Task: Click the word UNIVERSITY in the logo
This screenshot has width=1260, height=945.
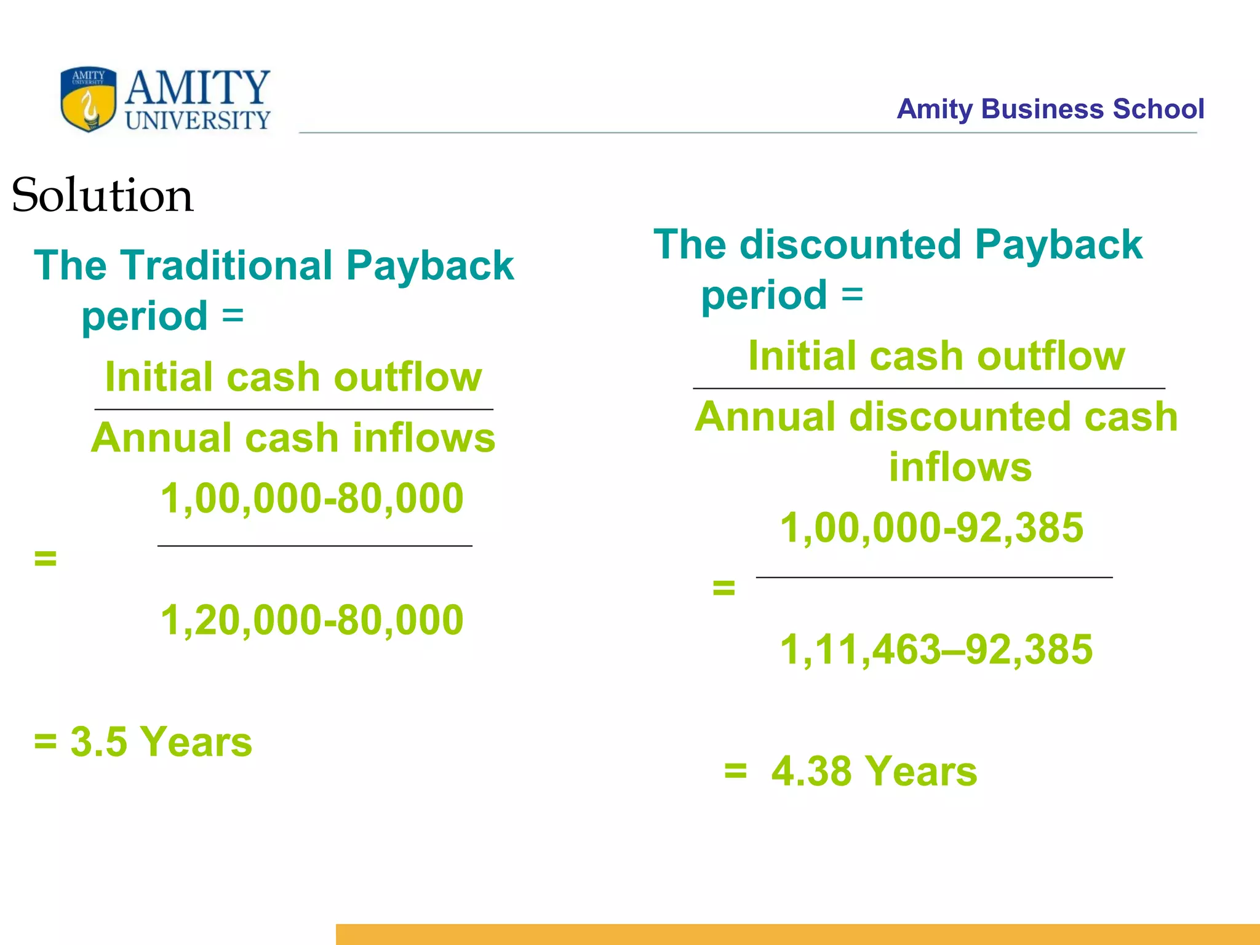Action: point(197,121)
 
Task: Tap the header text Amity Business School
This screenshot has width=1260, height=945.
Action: point(1050,109)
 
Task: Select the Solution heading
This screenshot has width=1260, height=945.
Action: point(102,195)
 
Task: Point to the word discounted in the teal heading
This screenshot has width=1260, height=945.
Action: point(851,245)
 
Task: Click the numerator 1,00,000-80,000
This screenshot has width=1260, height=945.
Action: point(312,498)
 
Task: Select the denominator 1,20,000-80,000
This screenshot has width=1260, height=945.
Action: point(312,620)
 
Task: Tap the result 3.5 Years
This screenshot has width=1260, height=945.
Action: point(161,741)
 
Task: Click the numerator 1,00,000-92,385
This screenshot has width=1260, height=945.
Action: point(931,527)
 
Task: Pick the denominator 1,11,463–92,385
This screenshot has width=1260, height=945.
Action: point(936,649)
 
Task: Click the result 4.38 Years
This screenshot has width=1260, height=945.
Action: point(874,771)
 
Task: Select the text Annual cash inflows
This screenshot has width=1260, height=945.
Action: point(293,437)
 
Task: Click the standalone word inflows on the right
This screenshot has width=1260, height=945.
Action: point(960,467)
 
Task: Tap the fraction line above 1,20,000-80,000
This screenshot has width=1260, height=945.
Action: point(314,546)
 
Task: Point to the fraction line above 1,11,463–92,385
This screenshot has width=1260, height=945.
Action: point(934,577)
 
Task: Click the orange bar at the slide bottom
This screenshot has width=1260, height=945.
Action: point(797,934)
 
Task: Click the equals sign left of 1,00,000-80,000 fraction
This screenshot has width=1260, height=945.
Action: point(46,558)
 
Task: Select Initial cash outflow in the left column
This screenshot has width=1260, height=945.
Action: point(293,377)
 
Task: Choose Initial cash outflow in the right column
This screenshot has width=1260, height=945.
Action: point(936,356)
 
